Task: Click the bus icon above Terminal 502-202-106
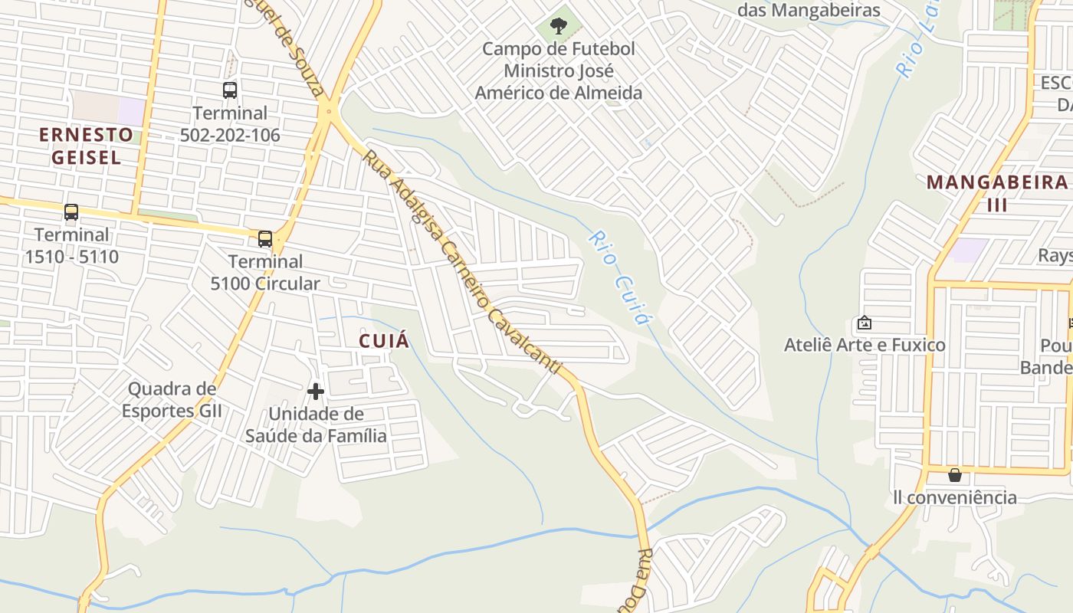point(230,90)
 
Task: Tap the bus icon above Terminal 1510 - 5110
point(71,212)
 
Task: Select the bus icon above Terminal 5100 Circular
point(265,239)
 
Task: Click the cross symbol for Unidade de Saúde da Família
point(315,392)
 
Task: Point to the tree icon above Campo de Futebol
point(559,26)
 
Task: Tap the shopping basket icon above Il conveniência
point(954,475)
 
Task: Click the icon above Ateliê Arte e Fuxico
point(865,323)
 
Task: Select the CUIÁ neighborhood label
point(385,341)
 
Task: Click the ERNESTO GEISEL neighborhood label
point(86,146)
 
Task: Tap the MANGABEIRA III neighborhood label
point(996,193)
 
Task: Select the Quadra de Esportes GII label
point(172,399)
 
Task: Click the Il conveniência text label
point(955,497)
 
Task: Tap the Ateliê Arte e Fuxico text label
point(865,345)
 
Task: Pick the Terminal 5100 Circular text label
point(265,272)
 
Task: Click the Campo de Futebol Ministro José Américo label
point(559,70)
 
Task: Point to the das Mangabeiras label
point(809,10)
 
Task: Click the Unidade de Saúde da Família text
point(316,425)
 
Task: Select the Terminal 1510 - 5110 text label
point(71,245)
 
